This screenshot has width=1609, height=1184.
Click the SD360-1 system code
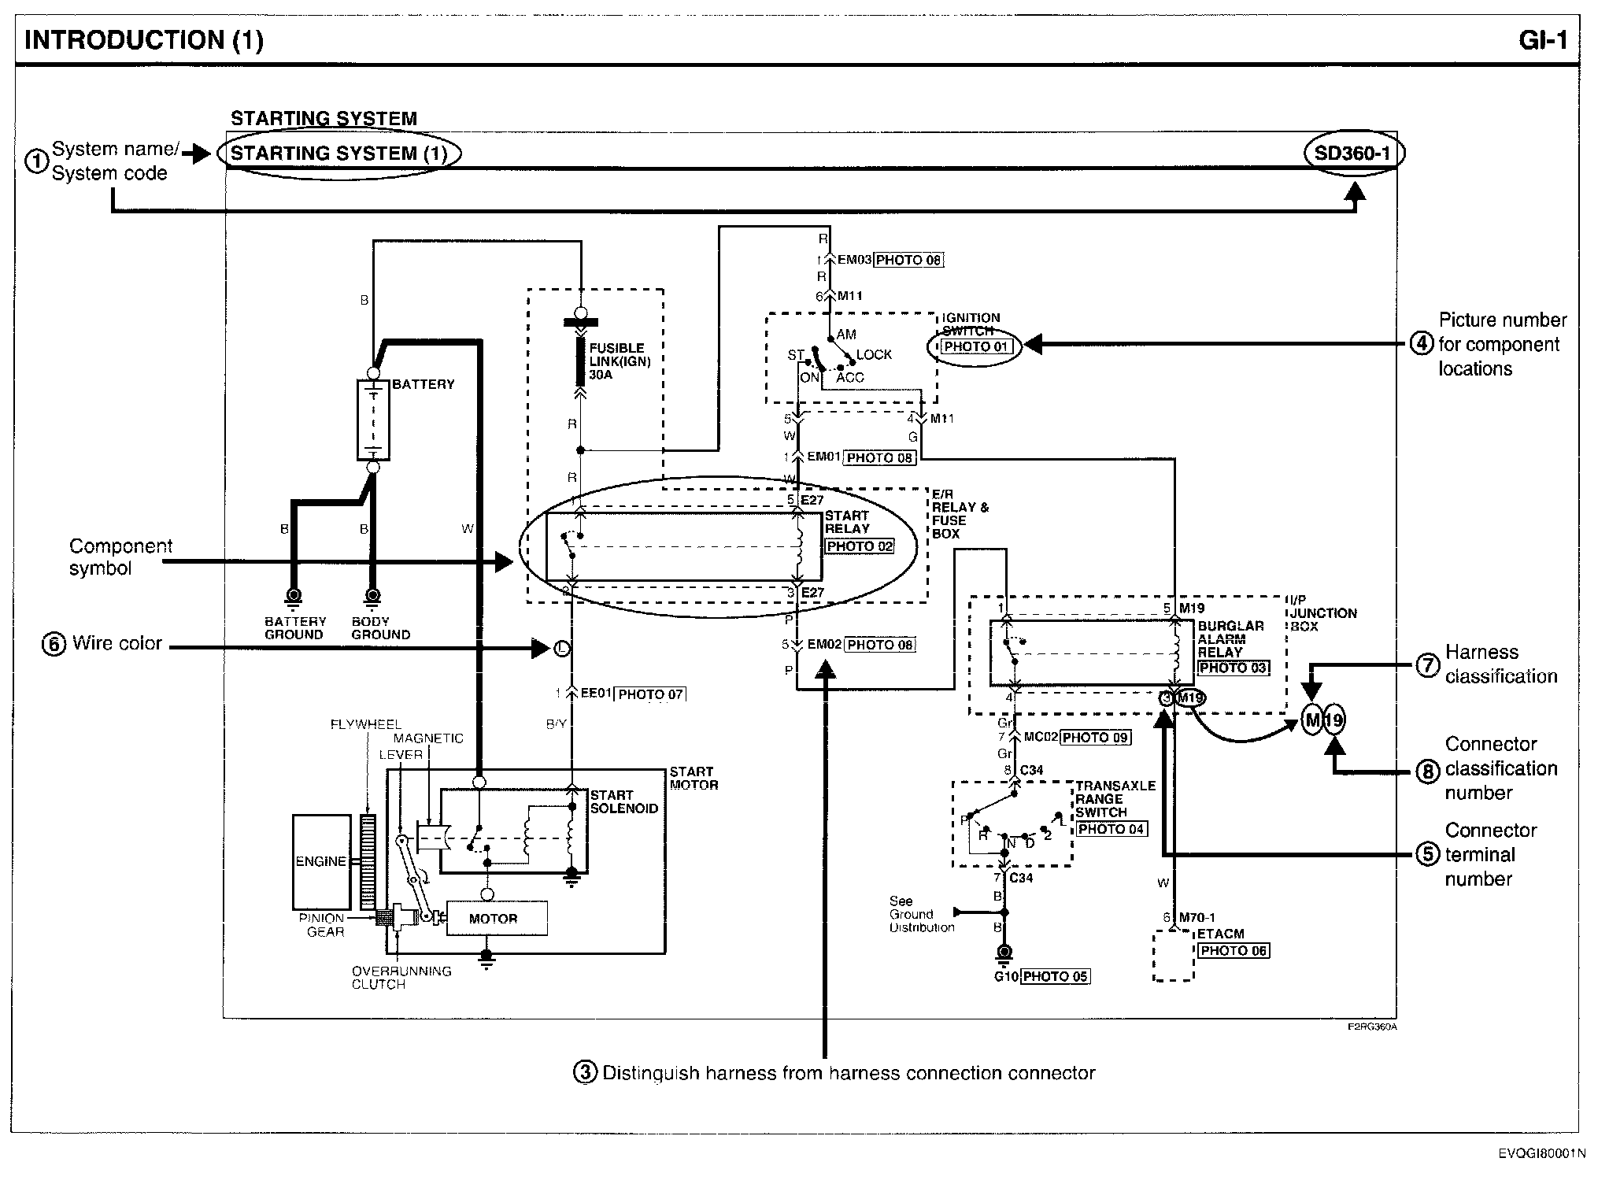(x=1352, y=153)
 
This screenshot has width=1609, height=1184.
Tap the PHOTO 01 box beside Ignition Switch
(x=976, y=346)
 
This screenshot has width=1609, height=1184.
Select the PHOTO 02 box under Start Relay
(x=860, y=546)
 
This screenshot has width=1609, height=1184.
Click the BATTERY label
(x=424, y=384)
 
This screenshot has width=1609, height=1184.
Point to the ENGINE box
(x=321, y=861)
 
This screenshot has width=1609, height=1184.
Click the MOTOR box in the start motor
(x=495, y=919)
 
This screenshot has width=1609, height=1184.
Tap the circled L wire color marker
(x=561, y=649)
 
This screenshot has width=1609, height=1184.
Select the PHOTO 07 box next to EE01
(x=650, y=694)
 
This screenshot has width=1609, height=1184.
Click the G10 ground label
(x=1006, y=977)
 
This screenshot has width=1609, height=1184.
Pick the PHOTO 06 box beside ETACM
(x=1234, y=951)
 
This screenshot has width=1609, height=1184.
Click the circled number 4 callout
(x=1421, y=345)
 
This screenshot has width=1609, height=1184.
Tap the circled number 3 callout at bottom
(x=585, y=1073)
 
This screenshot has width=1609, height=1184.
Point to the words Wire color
(x=117, y=643)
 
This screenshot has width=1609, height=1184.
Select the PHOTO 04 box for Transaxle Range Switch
(x=1111, y=829)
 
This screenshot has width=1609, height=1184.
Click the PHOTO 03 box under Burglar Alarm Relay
(x=1233, y=668)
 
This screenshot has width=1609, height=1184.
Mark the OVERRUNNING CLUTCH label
(x=401, y=978)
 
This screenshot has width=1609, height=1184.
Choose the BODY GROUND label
(x=380, y=628)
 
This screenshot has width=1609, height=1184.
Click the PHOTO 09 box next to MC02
(x=1095, y=738)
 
